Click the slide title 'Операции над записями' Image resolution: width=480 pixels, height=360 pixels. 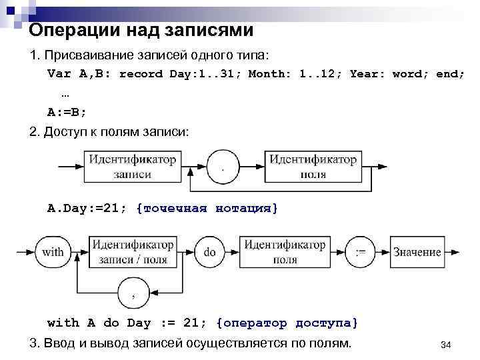pos(141,30)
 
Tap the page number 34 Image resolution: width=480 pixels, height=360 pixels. pos(447,345)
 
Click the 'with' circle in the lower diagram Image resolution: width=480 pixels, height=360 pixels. pos(53,253)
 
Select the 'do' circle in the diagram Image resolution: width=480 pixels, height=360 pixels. pos(210,253)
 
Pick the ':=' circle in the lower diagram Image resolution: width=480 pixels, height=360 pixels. pos(361,253)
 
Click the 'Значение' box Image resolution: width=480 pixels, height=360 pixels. pos(417,253)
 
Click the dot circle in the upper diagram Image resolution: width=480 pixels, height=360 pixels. pos(223,166)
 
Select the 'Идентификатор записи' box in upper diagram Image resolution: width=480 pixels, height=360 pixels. pos(132,167)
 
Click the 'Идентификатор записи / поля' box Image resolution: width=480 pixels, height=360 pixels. pos(133,253)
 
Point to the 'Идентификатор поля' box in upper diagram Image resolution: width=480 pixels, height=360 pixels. pos(313,167)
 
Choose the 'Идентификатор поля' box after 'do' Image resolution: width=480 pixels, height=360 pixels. pos(285,253)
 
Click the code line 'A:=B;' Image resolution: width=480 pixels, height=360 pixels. pos(67,111)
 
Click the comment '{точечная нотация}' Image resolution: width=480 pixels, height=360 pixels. pos(207,209)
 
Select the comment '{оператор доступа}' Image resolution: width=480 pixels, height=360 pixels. pos(287,323)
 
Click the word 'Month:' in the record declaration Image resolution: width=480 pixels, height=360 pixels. pos(270,73)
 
